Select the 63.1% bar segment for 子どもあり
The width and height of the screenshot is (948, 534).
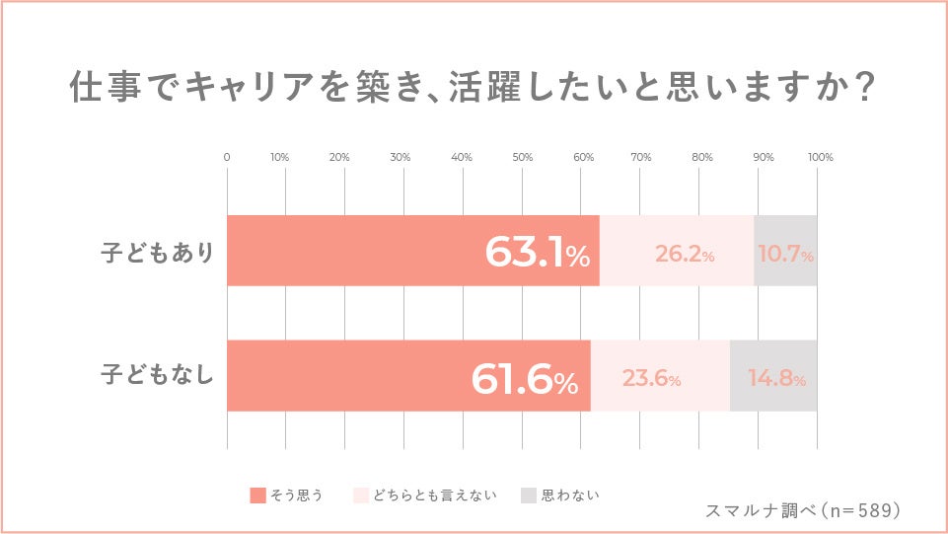[412, 251]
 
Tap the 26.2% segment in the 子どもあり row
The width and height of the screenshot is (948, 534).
[677, 251]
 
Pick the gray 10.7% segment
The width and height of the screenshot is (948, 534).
[786, 251]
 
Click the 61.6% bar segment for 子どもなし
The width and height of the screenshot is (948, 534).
[408, 376]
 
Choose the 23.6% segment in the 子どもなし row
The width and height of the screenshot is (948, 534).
[660, 376]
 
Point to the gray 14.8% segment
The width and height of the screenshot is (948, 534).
[774, 376]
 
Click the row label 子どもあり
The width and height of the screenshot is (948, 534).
[158, 252]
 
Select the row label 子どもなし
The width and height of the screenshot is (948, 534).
[158, 376]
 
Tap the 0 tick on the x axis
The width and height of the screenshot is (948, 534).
[227, 158]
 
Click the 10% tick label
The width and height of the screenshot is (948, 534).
[279, 158]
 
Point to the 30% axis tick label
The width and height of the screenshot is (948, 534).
[401, 158]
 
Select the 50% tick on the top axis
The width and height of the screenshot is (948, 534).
[523, 158]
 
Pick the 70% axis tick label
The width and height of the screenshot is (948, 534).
[641, 158]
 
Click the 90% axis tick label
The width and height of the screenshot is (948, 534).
[763, 158]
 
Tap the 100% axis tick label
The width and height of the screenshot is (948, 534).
[821, 158]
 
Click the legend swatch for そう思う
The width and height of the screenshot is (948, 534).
[259, 495]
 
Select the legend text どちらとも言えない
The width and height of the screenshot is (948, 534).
[435, 495]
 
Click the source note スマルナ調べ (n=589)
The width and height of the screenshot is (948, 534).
[804, 510]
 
